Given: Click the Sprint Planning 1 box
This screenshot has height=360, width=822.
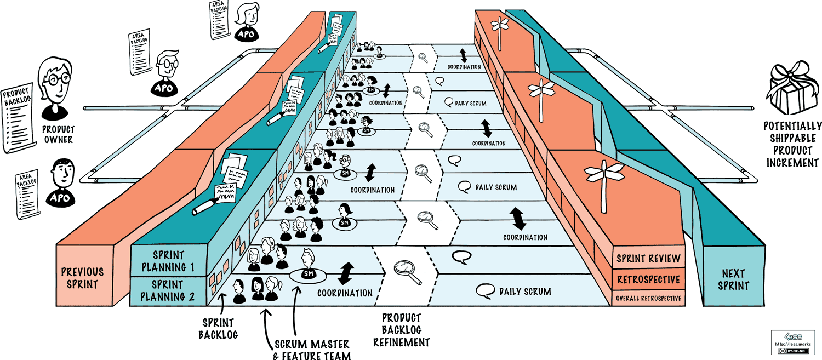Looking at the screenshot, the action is [168, 261].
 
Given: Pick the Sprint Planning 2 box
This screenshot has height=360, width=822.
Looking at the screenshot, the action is [168, 291].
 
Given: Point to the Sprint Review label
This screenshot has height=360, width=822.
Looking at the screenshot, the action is [648, 259].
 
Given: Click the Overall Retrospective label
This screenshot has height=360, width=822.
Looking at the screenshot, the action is [649, 298].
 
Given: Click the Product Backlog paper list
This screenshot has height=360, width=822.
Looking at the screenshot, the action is [18, 118].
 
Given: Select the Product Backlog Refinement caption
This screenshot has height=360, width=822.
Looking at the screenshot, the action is [401, 330].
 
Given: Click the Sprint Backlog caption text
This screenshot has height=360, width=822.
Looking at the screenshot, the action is [218, 328].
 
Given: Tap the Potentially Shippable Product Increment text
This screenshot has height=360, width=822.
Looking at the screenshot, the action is [792, 144].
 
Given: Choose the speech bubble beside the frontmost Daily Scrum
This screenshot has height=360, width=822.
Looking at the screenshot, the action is [483, 291].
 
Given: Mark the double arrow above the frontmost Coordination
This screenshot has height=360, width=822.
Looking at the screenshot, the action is [346, 272].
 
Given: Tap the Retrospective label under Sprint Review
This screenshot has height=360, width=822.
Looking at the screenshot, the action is [648, 279].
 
